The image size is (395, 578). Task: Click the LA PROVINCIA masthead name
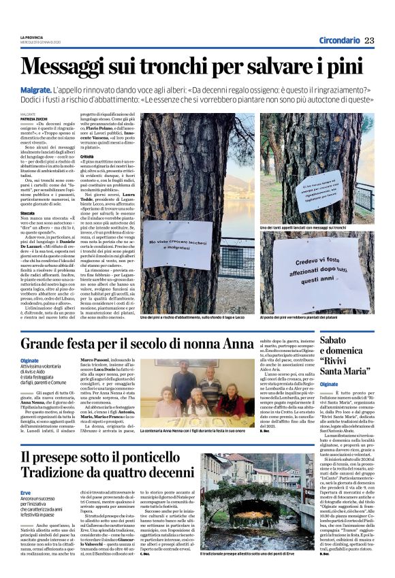coord(31,38)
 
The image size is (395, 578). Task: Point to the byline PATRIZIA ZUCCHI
coord(34,119)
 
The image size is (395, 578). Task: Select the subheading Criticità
coord(89,156)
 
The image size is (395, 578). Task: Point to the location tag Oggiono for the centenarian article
coord(29,360)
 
